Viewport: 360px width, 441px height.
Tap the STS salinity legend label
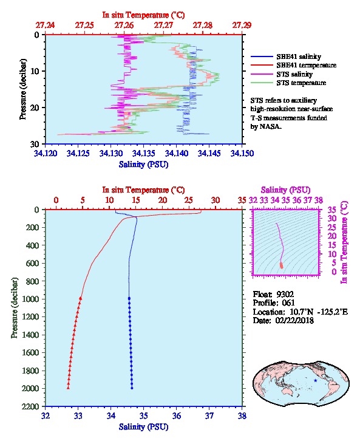pos(294,74)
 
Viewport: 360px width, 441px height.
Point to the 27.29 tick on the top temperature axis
pos(242,26)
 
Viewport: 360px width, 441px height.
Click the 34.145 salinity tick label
pos(209,153)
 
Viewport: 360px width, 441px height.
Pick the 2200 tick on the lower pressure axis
pos(30,406)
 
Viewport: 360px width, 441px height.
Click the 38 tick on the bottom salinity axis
pos(242,415)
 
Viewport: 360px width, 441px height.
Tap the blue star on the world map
pos(316,380)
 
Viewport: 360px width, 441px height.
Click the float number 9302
pos(285,295)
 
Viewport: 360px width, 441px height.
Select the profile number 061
pos(288,303)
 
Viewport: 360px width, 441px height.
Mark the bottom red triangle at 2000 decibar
pos(68,388)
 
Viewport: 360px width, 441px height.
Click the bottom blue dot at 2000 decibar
pos(132,388)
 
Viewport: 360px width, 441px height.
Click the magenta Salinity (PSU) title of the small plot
pos(285,190)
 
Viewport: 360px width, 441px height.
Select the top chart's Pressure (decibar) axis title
pos(23,89)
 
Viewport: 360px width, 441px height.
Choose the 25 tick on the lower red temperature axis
pos(189,200)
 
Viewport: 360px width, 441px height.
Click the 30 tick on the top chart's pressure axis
pos(35,144)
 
